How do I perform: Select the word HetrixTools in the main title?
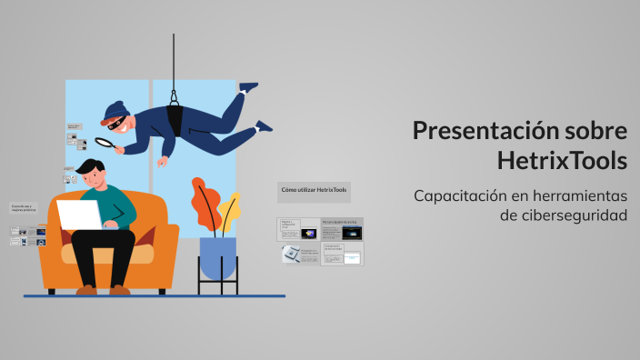click(562, 161)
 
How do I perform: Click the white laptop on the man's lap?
click(80, 215)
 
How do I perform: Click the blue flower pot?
click(217, 257)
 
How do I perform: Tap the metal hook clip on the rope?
click(174, 93)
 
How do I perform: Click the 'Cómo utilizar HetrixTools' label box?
click(314, 190)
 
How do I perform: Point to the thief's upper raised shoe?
click(247, 87)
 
